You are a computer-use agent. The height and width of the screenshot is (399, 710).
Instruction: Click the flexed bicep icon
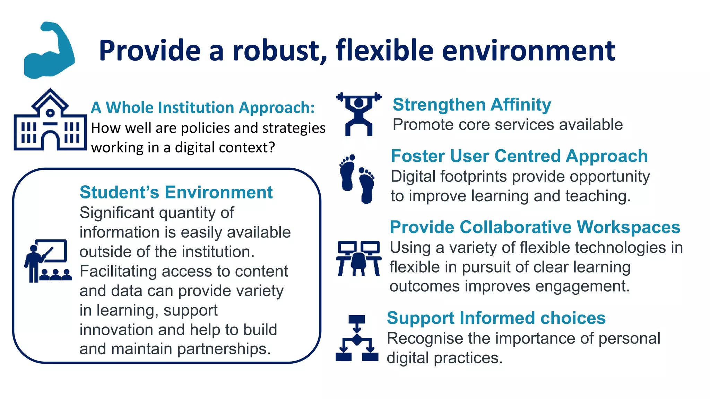tap(49, 50)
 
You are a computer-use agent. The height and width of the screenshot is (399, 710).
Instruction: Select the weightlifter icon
tap(359, 114)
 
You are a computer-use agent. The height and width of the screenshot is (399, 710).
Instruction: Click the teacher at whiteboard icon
tap(48, 261)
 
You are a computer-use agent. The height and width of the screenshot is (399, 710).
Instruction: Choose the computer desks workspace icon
tap(358, 258)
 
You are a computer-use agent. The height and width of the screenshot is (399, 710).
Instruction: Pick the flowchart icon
tap(357, 338)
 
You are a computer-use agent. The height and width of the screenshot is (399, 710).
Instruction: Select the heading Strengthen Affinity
tap(471, 105)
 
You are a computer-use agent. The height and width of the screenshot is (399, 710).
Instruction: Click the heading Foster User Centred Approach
tap(519, 156)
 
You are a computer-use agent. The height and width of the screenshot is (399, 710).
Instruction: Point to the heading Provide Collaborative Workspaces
tap(535, 227)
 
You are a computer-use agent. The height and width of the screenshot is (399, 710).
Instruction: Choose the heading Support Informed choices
tap(496, 318)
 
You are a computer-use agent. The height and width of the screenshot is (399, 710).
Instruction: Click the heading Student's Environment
tap(176, 192)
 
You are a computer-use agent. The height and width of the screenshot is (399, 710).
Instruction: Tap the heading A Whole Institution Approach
tap(203, 107)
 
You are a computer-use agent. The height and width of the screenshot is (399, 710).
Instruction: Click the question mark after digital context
tap(271, 148)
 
